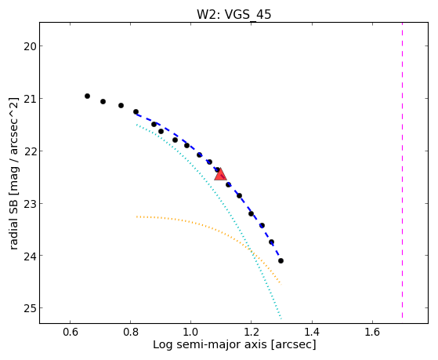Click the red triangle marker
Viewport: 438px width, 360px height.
[220, 175]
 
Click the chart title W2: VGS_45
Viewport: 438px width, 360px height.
[233, 14]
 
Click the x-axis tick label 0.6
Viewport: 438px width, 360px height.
[70, 332]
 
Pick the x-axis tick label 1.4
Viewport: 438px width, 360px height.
[312, 332]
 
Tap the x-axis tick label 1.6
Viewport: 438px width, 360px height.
[373, 332]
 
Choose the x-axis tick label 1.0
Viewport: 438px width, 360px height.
[190, 332]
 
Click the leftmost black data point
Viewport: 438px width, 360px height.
[87, 96]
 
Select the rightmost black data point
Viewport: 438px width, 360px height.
[281, 261]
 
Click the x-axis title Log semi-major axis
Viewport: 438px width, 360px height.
[210, 345]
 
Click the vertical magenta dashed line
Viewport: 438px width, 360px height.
[402, 170]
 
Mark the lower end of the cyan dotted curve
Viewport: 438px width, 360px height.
[281, 318]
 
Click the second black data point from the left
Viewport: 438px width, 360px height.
[103, 101]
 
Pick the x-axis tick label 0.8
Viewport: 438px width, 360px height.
[130, 332]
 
